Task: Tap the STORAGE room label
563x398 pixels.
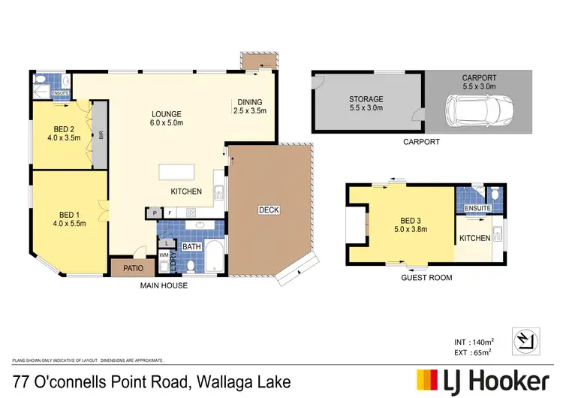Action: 366,99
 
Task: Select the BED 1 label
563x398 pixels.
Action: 66,214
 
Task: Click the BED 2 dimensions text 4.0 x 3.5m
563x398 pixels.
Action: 63,137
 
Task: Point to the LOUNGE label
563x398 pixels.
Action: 166,115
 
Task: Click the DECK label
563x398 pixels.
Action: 268,210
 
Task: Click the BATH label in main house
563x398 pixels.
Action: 191,246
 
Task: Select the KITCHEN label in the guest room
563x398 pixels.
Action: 474,238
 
